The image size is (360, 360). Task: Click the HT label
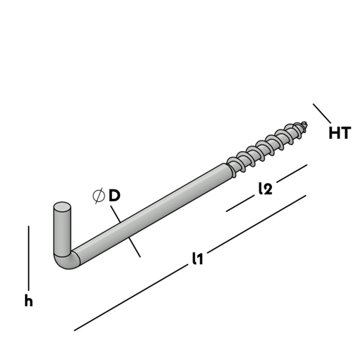click(x=339, y=133)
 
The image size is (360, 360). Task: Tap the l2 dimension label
click(x=265, y=189)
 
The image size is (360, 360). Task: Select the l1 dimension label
click(x=198, y=258)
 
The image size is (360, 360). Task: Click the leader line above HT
click(x=322, y=113)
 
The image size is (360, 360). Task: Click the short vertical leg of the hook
click(x=62, y=230)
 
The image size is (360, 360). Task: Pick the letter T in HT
click(x=345, y=133)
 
